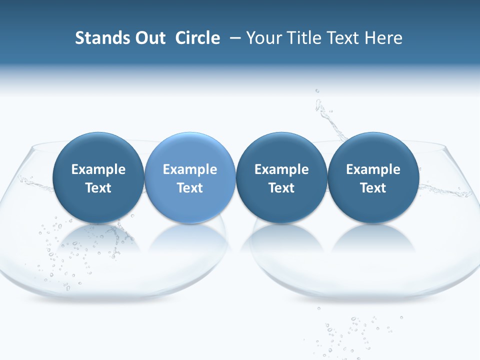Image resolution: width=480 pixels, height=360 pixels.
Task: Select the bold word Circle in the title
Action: tap(197, 38)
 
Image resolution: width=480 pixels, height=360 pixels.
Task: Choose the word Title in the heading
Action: tap(307, 38)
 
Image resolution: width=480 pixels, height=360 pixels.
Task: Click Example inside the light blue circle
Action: tap(190, 169)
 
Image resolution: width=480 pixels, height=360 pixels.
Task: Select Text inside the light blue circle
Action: tap(190, 188)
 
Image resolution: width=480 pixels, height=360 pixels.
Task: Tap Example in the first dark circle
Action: tap(98, 169)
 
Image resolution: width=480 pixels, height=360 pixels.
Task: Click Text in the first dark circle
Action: tap(98, 188)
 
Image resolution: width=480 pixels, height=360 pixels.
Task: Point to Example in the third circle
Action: tap(281, 169)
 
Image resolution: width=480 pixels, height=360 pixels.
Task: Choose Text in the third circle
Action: tap(281, 188)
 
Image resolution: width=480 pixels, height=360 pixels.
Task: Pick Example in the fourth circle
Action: tap(373, 169)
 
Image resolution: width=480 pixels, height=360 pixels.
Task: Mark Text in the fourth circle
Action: tap(373, 188)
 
